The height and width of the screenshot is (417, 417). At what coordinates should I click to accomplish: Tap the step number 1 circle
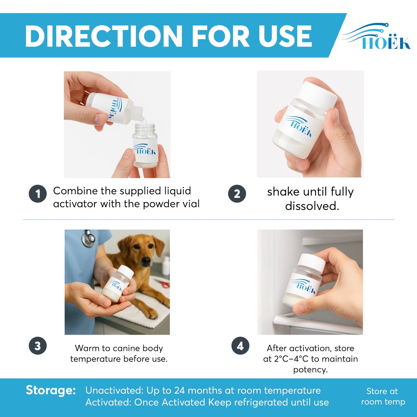[38, 194]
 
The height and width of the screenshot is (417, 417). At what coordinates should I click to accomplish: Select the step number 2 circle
[237, 194]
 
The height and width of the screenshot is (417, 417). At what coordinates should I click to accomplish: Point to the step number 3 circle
[38, 346]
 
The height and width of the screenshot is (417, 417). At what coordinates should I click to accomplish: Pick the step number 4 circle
[240, 346]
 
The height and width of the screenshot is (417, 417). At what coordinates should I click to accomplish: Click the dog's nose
[146, 261]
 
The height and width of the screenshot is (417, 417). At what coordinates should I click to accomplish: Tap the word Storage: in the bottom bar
[51, 390]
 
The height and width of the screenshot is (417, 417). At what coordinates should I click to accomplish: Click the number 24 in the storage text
[179, 390]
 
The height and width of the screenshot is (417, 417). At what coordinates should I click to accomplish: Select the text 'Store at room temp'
[383, 397]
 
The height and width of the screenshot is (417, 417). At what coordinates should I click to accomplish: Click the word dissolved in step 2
[312, 206]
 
